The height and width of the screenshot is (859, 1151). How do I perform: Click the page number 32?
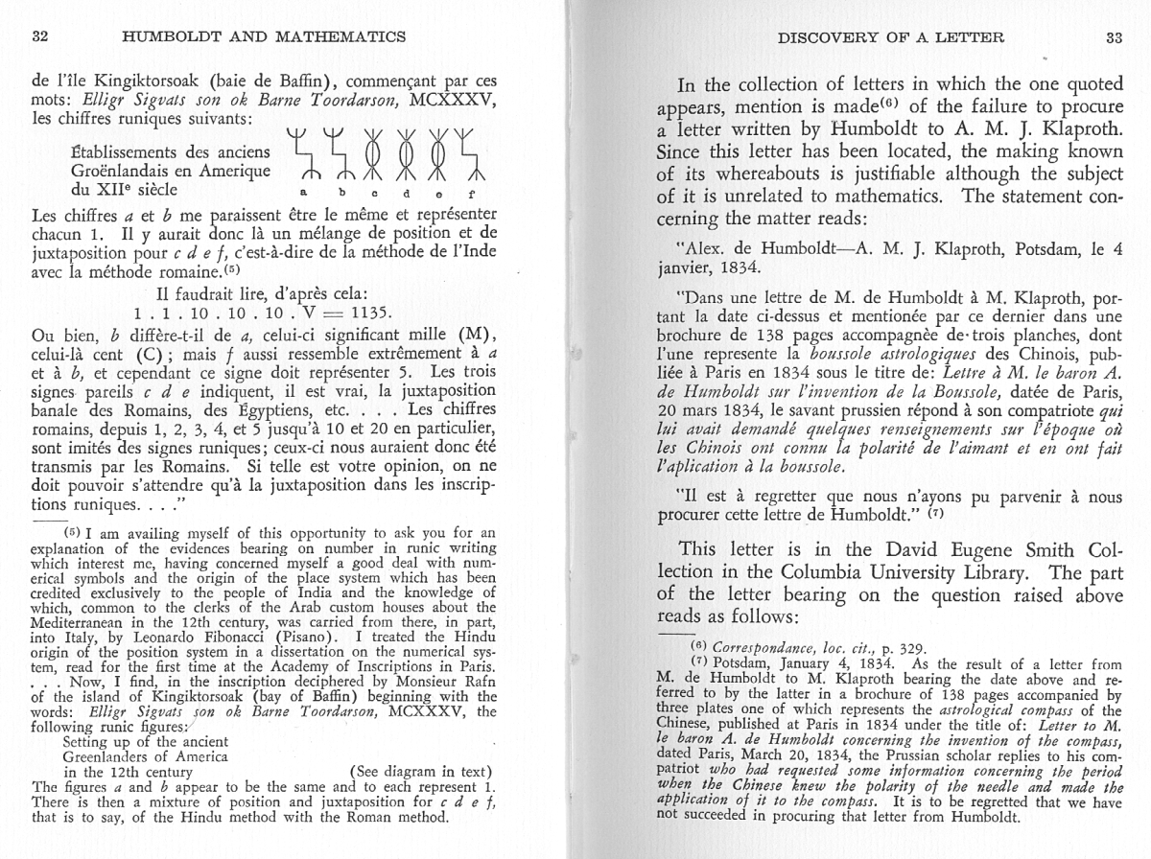(40, 37)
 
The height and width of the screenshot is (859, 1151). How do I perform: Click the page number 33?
(1112, 38)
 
